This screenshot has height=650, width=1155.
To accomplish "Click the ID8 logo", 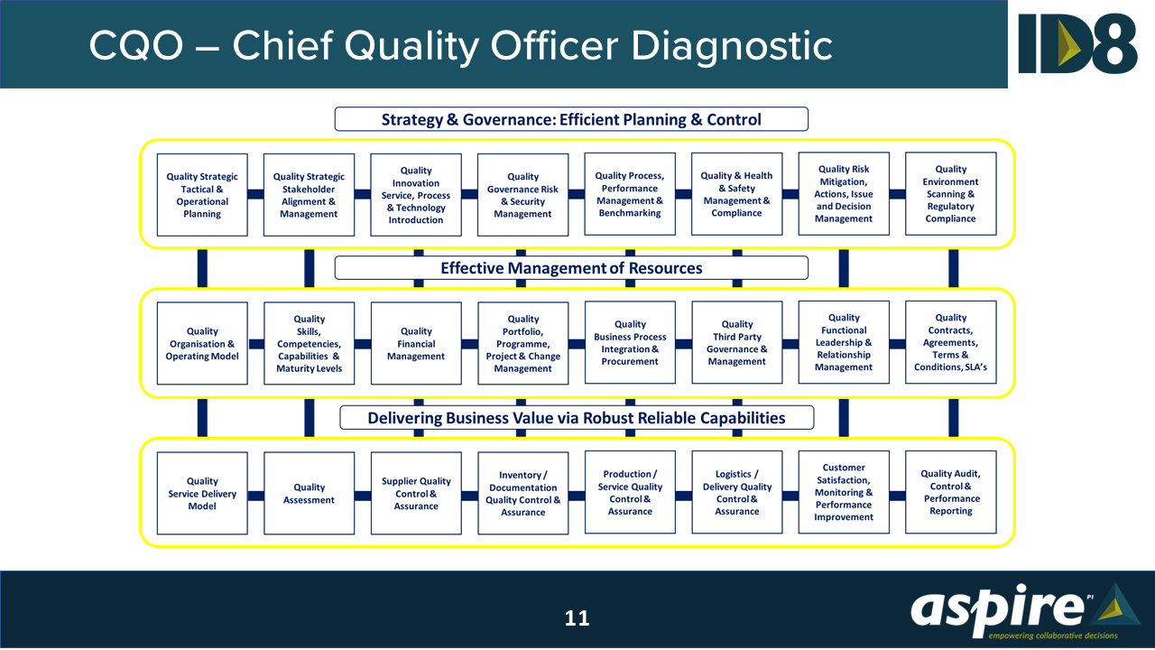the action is click(1077, 43).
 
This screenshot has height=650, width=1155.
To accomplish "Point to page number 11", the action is click(577, 618).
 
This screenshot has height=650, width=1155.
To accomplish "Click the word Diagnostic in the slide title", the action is click(731, 45).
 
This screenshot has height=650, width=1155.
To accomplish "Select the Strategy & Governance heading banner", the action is click(571, 119).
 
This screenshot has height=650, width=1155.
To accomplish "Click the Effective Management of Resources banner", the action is click(571, 268).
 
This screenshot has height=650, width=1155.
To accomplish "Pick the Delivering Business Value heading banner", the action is click(577, 418).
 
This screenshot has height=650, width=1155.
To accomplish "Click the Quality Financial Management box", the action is click(416, 343).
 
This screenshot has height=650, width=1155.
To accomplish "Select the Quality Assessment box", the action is click(309, 493).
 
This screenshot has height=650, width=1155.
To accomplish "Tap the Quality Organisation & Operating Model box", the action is click(202, 343).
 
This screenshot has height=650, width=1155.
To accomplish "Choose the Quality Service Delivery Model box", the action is click(202, 493).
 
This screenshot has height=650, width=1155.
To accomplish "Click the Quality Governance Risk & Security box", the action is click(522, 195).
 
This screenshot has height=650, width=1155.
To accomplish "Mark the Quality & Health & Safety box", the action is click(736, 194).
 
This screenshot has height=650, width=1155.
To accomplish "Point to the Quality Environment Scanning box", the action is click(950, 194).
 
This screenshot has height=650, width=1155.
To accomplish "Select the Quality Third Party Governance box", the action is click(736, 343).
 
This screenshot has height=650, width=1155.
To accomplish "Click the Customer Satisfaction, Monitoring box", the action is click(844, 492).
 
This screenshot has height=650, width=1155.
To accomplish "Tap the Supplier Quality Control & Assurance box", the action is click(416, 493).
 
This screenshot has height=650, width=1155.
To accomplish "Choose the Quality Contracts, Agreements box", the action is click(950, 342).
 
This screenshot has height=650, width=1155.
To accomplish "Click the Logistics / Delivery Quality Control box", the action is click(736, 492).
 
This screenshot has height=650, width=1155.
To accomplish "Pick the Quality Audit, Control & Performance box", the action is click(950, 492).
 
